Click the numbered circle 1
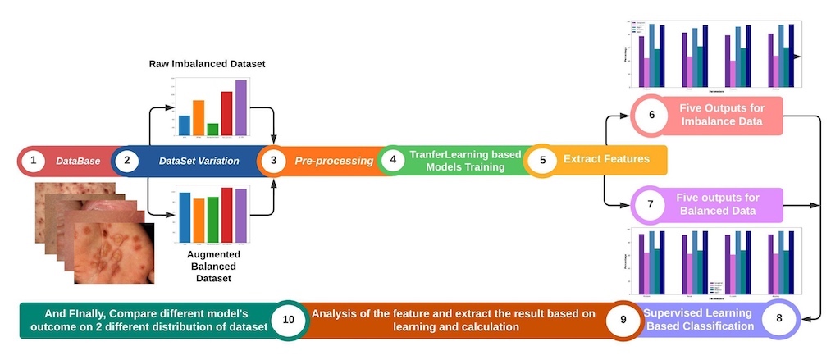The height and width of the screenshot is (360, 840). tap(33, 161)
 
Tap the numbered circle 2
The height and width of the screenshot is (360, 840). tap(126, 161)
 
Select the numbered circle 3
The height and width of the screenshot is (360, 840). tap(273, 161)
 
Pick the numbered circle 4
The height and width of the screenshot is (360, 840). tap(393, 161)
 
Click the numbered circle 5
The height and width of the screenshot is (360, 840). tap(541, 161)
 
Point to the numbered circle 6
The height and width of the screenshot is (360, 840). tap(651, 116)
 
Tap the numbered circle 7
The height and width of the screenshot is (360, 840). tap(649, 205)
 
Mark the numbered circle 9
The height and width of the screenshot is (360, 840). tap(623, 319)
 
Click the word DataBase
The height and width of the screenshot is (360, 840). tap(78, 161)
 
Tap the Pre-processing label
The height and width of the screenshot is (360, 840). tap(334, 161)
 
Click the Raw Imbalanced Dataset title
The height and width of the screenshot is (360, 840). tap(208, 63)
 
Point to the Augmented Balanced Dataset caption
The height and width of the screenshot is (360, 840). tap(208, 267)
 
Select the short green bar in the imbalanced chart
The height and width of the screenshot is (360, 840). tap(212, 129)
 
